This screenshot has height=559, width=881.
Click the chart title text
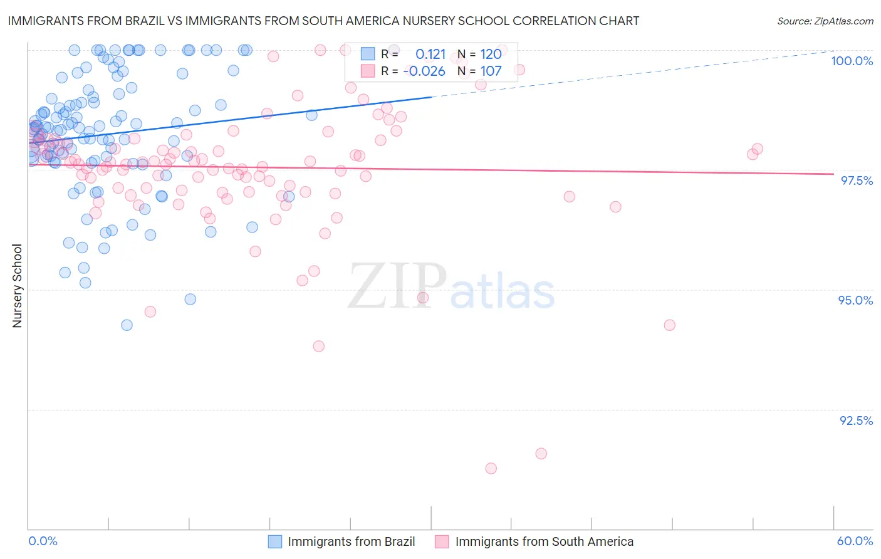pyautogui.click(x=323, y=21)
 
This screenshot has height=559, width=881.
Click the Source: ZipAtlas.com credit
pyautogui.click(x=825, y=21)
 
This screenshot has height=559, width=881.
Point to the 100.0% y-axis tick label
pyautogui.click(x=852, y=61)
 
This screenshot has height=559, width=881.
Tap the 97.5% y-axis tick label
pyautogui.click(x=856, y=180)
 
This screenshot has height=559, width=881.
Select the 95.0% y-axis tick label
pyautogui.click(x=855, y=300)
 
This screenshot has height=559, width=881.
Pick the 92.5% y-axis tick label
pyautogui.click(x=856, y=421)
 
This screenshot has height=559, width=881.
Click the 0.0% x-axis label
pyautogui.click(x=43, y=541)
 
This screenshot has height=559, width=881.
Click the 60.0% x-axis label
pyautogui.click(x=855, y=541)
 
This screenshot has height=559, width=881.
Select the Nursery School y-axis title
pyautogui.click(x=17, y=286)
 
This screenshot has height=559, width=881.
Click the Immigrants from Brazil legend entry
pyautogui.click(x=351, y=541)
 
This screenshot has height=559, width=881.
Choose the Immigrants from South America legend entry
pyautogui.click(x=544, y=541)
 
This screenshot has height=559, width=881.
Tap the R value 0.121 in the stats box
pyautogui.click(x=430, y=55)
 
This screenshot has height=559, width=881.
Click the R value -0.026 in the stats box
pyautogui.click(x=424, y=71)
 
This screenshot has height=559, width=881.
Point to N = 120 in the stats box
pyautogui.click(x=479, y=55)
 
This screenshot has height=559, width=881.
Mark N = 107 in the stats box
pyautogui.click(x=479, y=71)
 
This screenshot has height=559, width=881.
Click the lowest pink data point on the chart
pyautogui.click(x=491, y=469)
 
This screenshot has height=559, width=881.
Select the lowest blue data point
pyautogui.click(x=127, y=325)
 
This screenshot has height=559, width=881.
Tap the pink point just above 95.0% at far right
pyautogui.click(x=669, y=325)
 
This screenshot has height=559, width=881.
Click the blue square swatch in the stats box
pyautogui.click(x=367, y=54)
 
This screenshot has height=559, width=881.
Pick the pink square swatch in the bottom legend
pyautogui.click(x=442, y=541)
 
